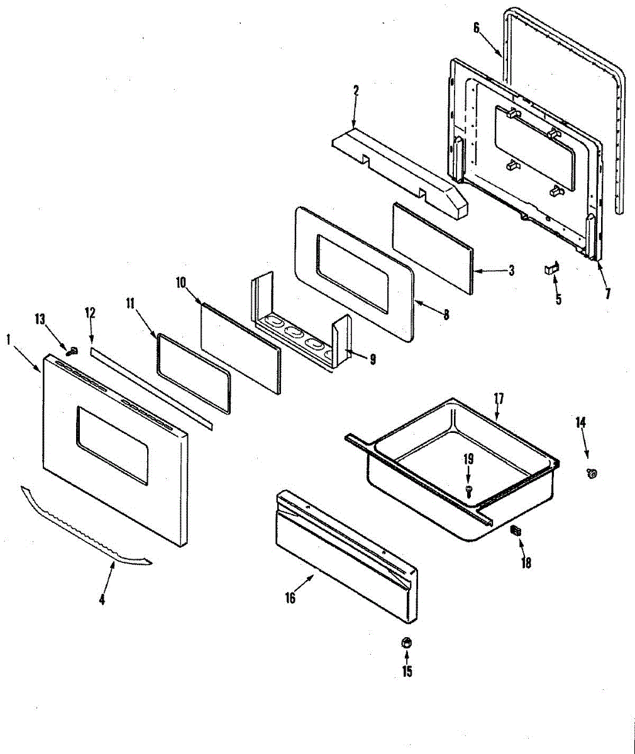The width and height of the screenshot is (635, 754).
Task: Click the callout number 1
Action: point(9,340)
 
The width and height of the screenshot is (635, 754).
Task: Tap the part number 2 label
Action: point(355,90)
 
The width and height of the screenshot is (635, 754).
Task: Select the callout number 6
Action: point(476,27)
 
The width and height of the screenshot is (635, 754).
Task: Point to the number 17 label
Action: point(499,398)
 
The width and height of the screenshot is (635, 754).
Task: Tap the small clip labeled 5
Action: point(551,269)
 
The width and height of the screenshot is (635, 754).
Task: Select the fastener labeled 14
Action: point(591,473)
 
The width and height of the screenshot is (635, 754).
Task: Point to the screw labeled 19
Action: point(468,488)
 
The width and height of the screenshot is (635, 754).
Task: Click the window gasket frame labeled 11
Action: point(193,375)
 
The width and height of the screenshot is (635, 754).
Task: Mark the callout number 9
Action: point(373,360)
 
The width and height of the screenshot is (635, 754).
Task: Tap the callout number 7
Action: point(607,293)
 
